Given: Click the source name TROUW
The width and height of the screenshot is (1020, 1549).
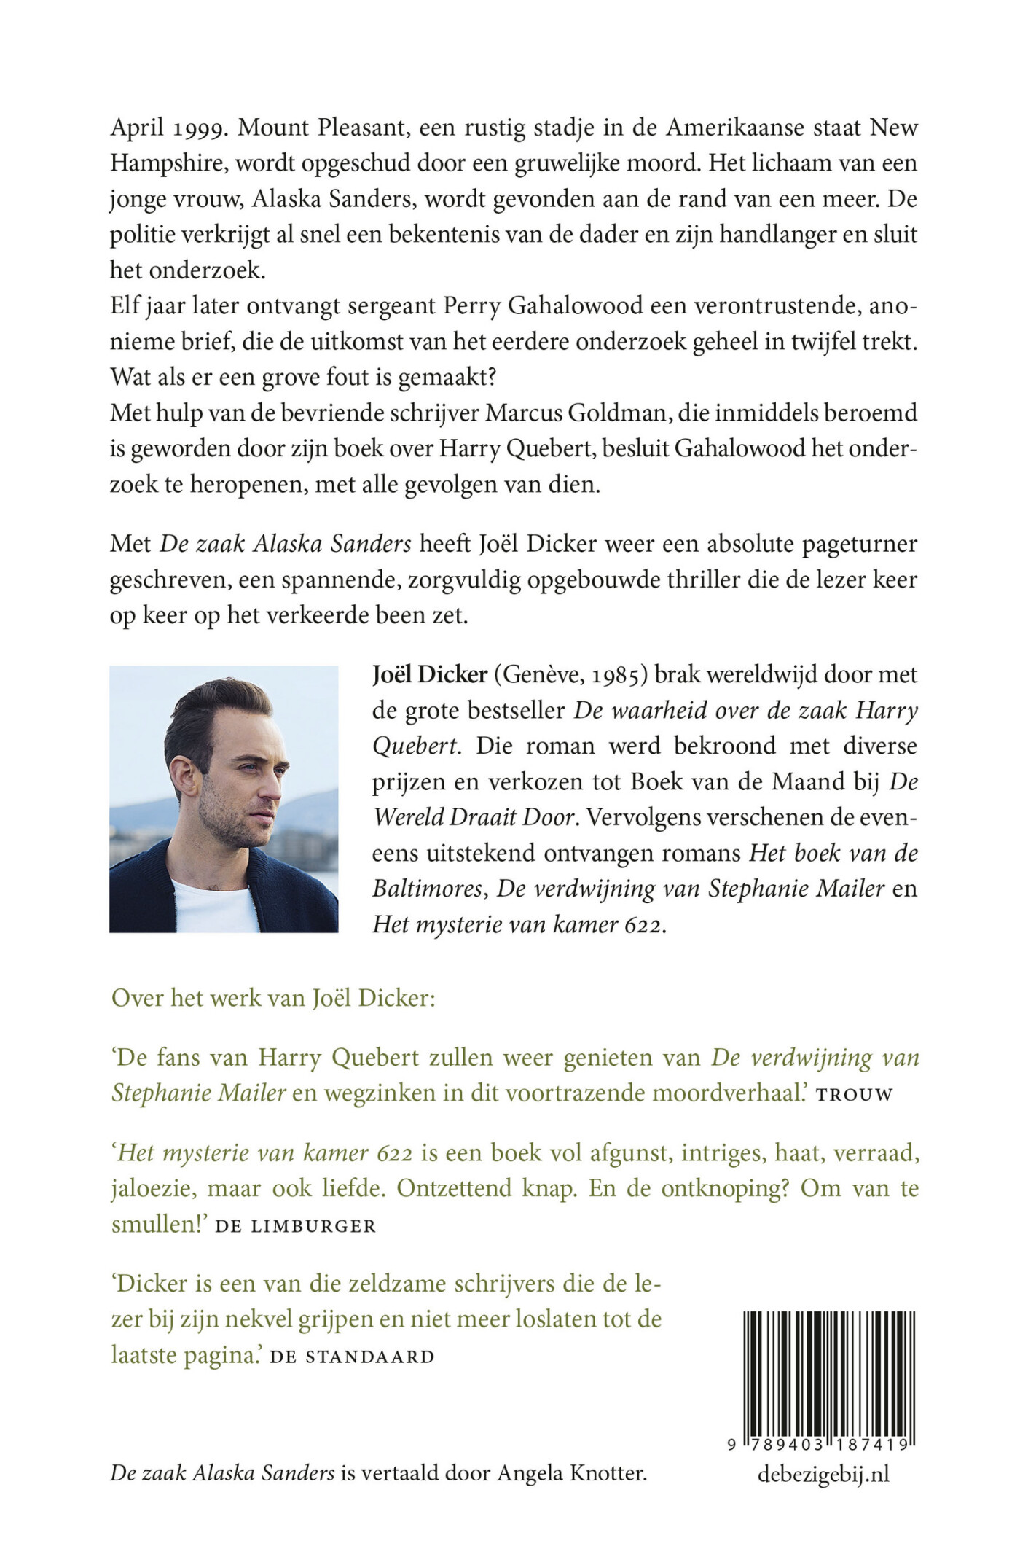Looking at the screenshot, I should coord(855,1096).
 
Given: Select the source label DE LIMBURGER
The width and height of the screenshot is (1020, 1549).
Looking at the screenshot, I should coord(296,1226).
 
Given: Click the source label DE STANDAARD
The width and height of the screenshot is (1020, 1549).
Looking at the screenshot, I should coord(352,1357).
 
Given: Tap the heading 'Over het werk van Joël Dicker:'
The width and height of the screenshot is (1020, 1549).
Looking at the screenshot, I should coord(273,998).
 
